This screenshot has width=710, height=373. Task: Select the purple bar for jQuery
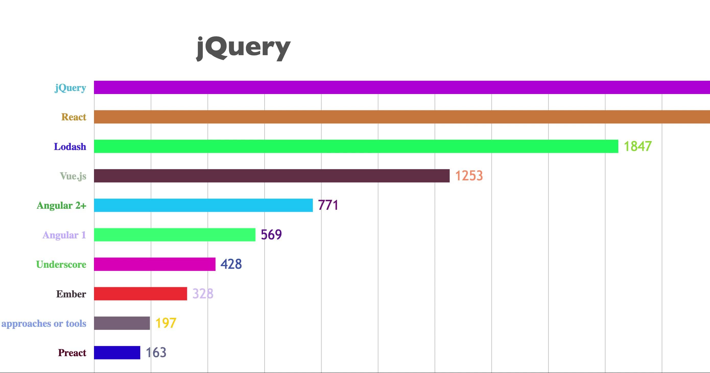[x=402, y=87]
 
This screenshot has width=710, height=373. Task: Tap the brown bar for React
[x=402, y=117]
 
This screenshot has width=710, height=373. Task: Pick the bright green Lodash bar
[x=356, y=146]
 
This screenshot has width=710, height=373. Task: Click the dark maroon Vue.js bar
[x=272, y=176]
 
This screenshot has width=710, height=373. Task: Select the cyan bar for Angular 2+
[x=203, y=205]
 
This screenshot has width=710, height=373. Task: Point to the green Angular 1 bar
[x=175, y=235]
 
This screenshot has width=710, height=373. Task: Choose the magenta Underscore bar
[x=155, y=264]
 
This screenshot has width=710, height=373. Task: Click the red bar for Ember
[x=140, y=294]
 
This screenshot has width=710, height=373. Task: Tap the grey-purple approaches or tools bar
[x=122, y=323]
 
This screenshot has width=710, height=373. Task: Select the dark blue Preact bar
[x=117, y=353]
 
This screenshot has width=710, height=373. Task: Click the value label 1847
[x=637, y=146]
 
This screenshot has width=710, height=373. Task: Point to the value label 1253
[x=469, y=176]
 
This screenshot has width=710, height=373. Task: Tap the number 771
[x=328, y=205]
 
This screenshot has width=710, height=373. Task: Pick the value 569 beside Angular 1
[x=271, y=235]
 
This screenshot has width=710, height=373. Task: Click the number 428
[x=231, y=264]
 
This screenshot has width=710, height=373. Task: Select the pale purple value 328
[x=203, y=294]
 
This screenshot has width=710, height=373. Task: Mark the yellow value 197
[x=166, y=323]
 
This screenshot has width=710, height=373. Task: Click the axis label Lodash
[x=70, y=147]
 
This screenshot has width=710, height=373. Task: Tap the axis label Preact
[x=72, y=353]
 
